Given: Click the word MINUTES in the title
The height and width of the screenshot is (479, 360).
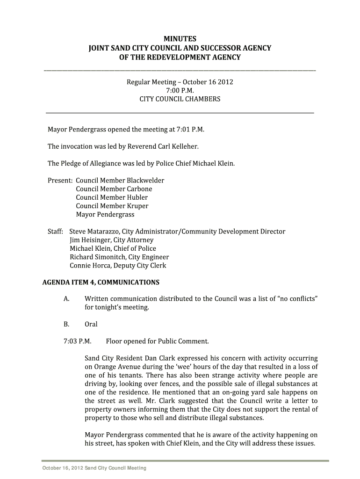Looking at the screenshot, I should pyautogui.click(x=180, y=39).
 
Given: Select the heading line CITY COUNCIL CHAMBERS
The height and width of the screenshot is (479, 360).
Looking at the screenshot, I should pyautogui.click(x=180, y=99).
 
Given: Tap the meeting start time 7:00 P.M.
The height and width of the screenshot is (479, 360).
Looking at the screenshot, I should pyautogui.click(x=180, y=91).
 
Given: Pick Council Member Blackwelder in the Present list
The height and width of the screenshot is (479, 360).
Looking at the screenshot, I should pyautogui.click(x=120, y=181).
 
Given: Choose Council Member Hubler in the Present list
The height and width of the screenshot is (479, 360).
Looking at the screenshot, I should pyautogui.click(x=111, y=197).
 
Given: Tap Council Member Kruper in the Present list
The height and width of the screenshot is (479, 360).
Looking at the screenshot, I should pyautogui.click(x=112, y=206).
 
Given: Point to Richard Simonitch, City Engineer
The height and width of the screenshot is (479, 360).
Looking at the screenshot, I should pyautogui.click(x=119, y=257).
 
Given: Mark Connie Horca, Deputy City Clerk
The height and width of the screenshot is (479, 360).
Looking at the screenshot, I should pyautogui.click(x=118, y=266).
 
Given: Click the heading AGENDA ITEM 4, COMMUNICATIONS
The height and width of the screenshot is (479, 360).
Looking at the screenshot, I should pyautogui.click(x=101, y=283).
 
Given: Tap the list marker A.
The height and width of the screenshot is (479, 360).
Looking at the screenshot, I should pyautogui.click(x=66, y=299).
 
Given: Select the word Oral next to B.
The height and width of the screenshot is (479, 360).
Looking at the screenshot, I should pyautogui.click(x=91, y=324).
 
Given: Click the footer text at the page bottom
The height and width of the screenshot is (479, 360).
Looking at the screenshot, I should pyautogui.click(x=94, y=468).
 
